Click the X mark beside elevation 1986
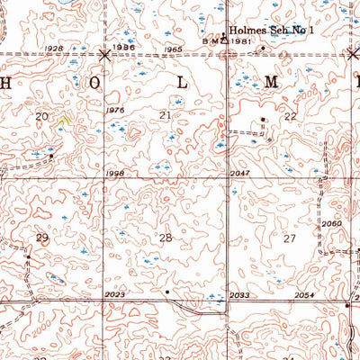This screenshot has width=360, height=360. point(106,55)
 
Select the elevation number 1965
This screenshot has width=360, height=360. point(174,48)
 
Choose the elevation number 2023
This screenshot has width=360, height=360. point(114,294)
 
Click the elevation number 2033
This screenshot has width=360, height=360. point(239,294)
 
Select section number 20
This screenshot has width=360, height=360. point(41,117)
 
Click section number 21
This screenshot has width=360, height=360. point(165,116)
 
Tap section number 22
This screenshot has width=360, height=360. point(290,117)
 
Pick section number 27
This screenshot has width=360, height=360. point(289,238)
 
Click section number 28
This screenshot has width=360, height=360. point(165,238)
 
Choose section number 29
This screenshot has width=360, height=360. point(41,238)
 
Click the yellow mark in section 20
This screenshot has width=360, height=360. point(64,118)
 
